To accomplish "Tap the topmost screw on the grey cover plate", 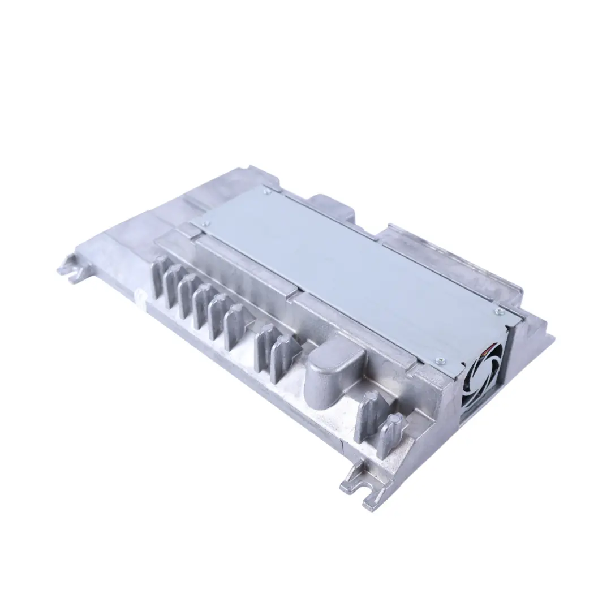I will tap(265, 191).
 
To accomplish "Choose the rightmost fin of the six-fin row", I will tap(234, 326).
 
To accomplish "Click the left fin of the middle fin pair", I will tap(263, 347).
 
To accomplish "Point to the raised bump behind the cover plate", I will tap(331, 206).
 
